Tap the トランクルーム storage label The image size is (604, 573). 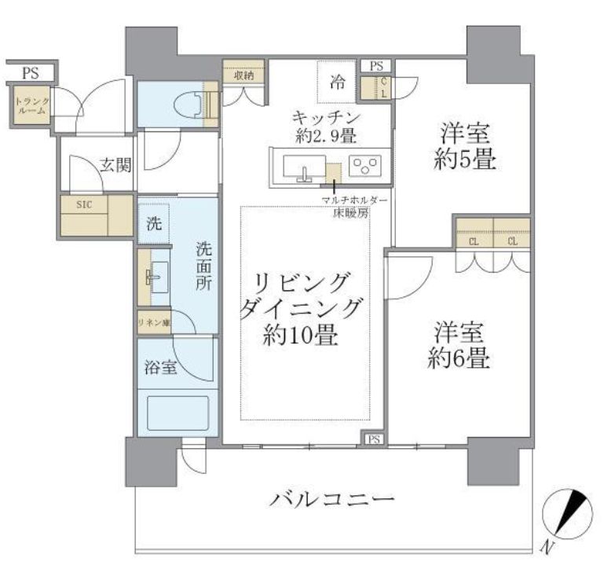click(32, 105)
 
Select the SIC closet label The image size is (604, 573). click(83, 204)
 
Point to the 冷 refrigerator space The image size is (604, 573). click(337, 81)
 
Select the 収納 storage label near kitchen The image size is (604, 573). click(243, 75)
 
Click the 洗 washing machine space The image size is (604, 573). click(153, 222)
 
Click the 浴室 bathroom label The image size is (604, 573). click(159, 367)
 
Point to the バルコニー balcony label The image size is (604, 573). click(332, 500)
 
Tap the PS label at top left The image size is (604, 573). click(30, 74)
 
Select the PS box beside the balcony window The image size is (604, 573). click(372, 439)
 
